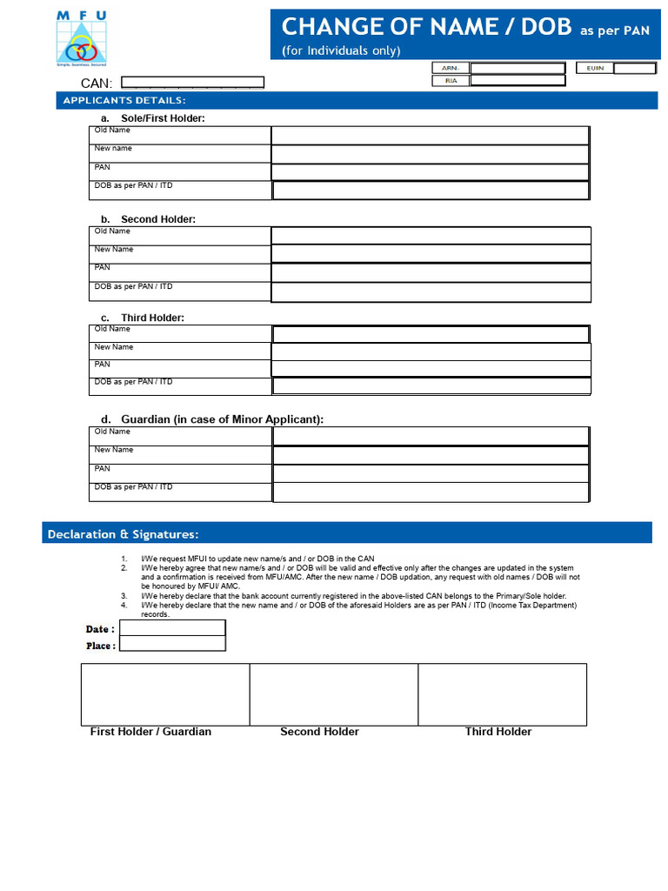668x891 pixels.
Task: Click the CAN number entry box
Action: point(192,83)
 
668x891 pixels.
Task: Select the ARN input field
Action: point(517,68)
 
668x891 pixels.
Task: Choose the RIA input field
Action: point(517,81)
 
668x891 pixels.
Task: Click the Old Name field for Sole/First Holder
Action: point(430,135)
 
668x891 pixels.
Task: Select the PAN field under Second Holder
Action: point(431,272)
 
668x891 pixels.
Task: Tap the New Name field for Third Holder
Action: point(431,352)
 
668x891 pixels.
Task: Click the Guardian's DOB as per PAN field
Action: point(431,492)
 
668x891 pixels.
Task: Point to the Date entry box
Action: point(172,628)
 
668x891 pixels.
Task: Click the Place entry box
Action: point(172,645)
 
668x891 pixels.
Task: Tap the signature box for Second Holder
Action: point(334,693)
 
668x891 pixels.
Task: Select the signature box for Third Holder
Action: point(502,693)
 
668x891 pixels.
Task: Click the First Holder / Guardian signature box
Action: point(165,693)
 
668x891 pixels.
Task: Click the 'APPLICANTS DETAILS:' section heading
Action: point(124,101)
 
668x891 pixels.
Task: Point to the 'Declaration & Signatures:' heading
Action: point(123,533)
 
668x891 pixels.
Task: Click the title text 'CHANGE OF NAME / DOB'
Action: point(427,27)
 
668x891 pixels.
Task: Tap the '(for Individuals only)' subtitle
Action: point(341,50)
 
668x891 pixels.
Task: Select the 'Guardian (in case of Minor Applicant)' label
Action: point(222,419)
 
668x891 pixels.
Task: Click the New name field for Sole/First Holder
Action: point(430,154)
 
